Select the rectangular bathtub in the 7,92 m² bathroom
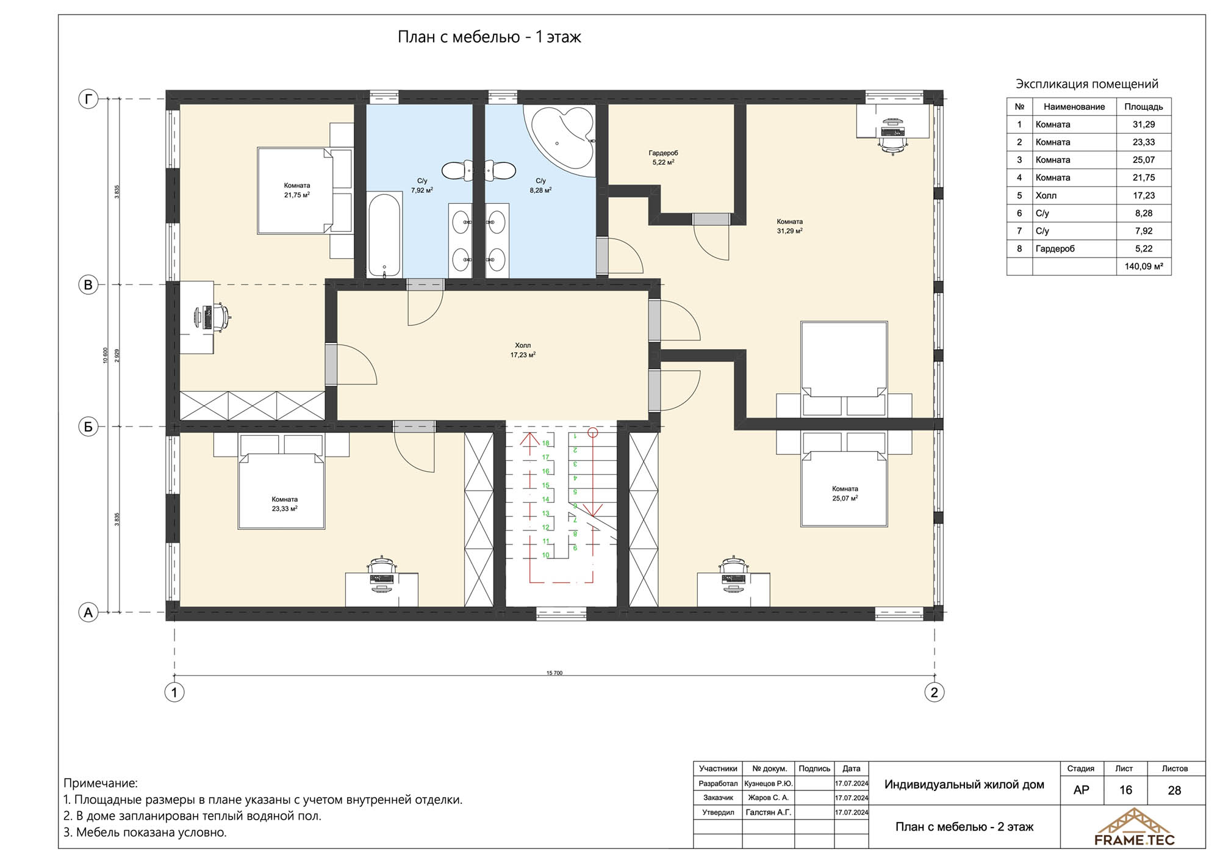click(384, 234)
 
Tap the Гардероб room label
click(663, 153)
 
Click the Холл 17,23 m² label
click(523, 350)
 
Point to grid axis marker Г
click(88, 99)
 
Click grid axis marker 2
click(934, 692)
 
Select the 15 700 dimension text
click(554, 673)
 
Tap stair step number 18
click(546, 443)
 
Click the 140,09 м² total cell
click(1144, 267)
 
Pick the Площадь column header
click(1144, 107)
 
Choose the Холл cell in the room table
click(1046, 195)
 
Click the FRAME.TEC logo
click(1134, 828)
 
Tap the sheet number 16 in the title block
click(1125, 790)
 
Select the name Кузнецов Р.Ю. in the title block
click(769, 783)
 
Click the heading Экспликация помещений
click(1087, 84)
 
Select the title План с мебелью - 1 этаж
click(489, 37)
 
